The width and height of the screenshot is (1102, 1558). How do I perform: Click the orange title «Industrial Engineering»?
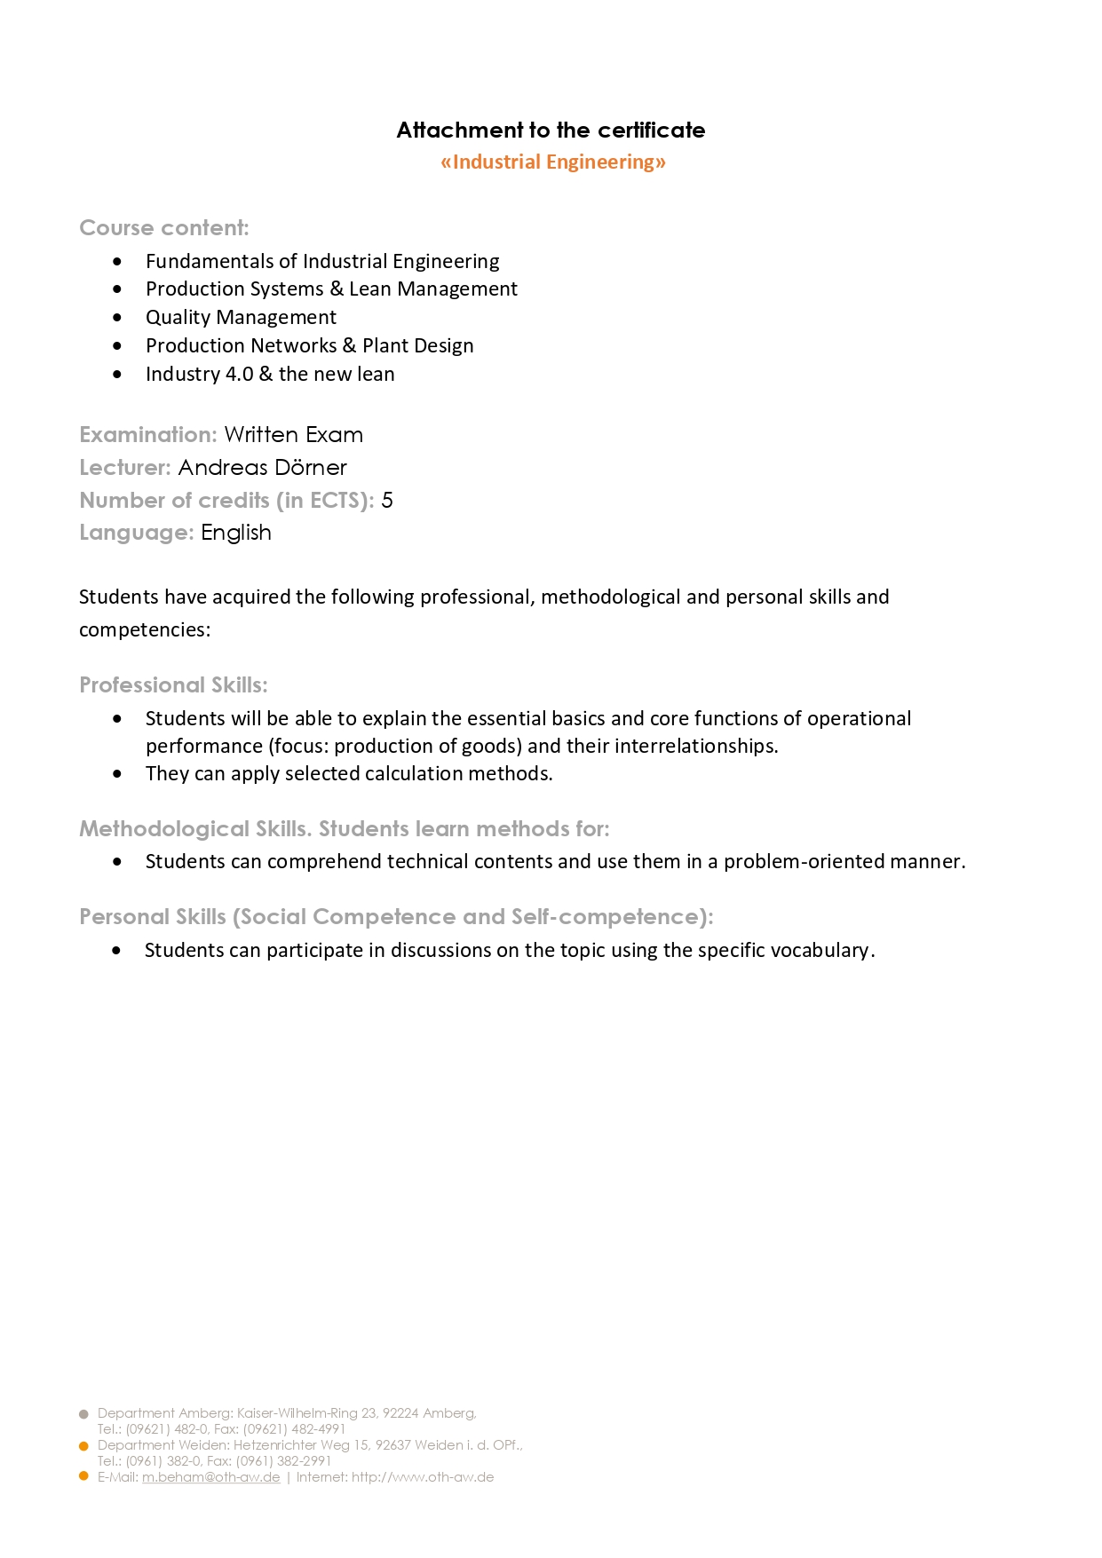[552, 162]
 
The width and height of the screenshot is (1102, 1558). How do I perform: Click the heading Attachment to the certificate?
[551, 130]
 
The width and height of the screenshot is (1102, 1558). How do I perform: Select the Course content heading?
[164, 227]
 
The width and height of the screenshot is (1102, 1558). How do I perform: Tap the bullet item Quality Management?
[241, 317]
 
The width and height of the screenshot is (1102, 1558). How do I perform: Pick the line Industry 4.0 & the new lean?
[270, 374]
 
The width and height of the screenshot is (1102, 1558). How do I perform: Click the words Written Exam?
[293, 434]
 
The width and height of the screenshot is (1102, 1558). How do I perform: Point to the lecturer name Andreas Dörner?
[262, 467]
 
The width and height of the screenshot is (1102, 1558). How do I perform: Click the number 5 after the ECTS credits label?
[387, 500]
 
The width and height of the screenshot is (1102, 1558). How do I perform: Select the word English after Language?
[236, 532]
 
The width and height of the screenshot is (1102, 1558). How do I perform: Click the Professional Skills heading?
[173, 684]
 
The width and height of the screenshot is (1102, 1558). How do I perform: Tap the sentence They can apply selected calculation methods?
[349, 773]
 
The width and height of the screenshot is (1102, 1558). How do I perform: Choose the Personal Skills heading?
[396, 916]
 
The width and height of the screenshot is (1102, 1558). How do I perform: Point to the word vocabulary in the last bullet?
[820, 950]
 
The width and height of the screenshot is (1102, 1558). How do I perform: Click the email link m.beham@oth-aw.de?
[211, 1477]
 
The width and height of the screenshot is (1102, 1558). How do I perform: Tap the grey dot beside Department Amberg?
[84, 1414]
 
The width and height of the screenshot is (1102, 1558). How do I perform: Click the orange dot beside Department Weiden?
[84, 1446]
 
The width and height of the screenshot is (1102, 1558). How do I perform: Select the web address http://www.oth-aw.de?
[423, 1477]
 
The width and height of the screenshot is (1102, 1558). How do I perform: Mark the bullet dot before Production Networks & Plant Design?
[117, 345]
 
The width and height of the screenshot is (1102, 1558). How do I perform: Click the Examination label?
[147, 434]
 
